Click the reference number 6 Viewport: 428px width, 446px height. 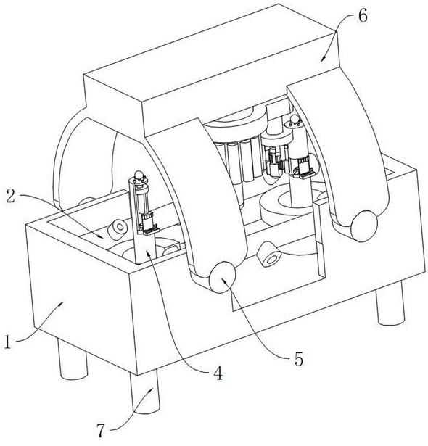coord(363,16)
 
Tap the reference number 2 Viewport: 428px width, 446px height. coord(11,197)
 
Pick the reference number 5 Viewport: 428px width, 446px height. coord(299,359)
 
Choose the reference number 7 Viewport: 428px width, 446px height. coord(101,431)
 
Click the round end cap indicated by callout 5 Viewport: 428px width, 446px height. coord(222,277)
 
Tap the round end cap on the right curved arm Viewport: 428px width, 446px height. coord(364,226)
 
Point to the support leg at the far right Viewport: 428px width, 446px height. coord(390,303)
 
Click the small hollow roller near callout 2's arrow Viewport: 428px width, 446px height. coord(118,229)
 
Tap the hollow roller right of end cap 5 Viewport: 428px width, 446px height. coord(269,254)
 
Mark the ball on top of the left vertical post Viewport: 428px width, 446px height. coord(139,175)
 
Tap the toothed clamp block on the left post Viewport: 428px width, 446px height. coord(148,227)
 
